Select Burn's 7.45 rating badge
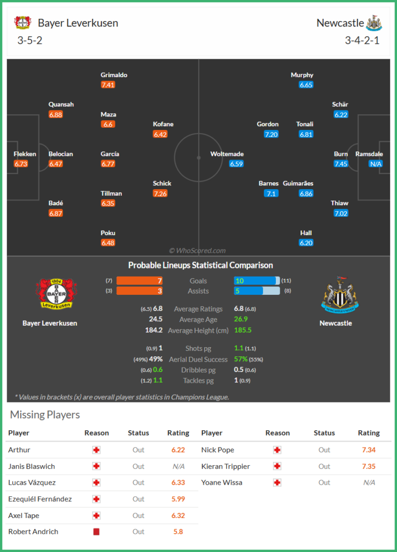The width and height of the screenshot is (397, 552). (x=340, y=164)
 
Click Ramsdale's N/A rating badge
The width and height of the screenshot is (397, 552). (x=375, y=164)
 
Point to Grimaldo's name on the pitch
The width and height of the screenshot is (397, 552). (x=114, y=75)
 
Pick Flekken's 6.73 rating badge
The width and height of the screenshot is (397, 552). (x=21, y=164)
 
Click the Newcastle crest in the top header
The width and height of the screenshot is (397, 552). (x=374, y=23)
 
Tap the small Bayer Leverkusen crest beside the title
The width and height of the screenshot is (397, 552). (x=23, y=23)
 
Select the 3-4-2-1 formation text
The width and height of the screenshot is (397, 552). (x=362, y=40)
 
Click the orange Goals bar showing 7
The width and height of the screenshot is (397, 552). (x=140, y=281)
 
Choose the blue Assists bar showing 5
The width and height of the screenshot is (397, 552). (x=248, y=291)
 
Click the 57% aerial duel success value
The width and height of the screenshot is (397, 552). (x=241, y=359)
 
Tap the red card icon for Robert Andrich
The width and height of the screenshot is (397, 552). (x=96, y=532)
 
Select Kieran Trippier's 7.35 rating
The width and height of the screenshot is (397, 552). (x=369, y=466)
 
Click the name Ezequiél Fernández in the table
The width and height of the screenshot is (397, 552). (x=40, y=499)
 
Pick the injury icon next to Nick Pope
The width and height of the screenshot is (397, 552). (x=277, y=450)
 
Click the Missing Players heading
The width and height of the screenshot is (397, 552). (x=45, y=415)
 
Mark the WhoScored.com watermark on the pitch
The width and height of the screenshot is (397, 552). (x=197, y=251)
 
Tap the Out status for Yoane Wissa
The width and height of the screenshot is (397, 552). (x=324, y=482)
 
